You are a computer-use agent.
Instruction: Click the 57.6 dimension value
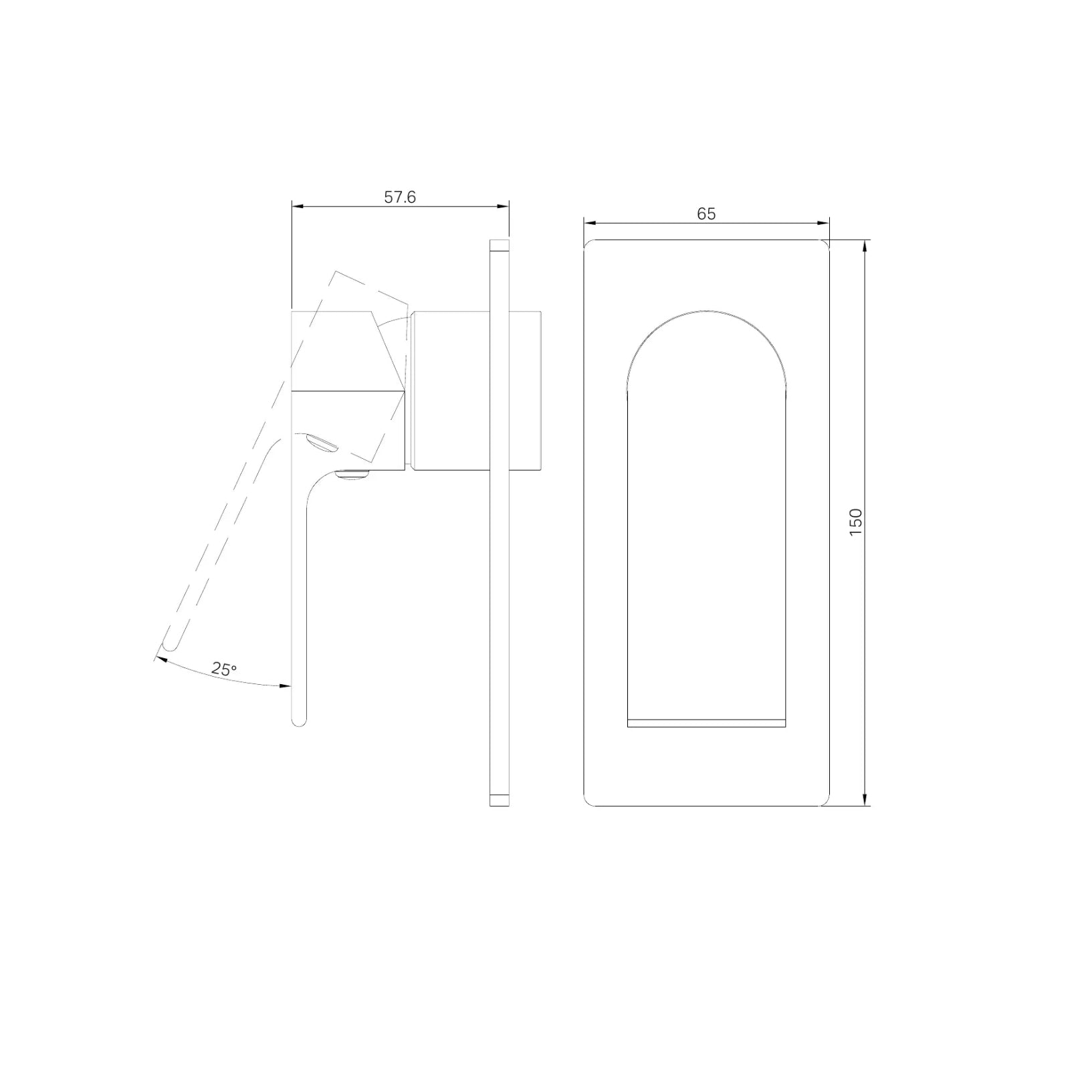click(400, 197)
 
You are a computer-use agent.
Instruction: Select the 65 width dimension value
click(706, 213)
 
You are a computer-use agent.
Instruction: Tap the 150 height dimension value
click(855, 522)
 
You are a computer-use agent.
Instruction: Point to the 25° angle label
click(225, 668)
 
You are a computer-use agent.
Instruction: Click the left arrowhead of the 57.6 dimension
click(297, 206)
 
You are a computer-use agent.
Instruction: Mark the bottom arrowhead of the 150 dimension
click(866, 800)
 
